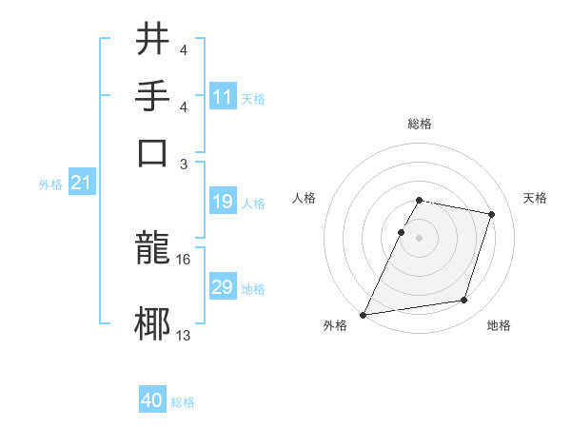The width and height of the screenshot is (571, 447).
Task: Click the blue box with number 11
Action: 223,97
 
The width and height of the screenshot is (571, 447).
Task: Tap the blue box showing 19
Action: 223,203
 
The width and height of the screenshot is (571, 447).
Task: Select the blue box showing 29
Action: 223,287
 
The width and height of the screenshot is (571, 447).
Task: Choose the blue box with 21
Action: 81,184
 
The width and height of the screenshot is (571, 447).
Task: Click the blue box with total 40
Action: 152,400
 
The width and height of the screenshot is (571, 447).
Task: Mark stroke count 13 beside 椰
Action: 184,335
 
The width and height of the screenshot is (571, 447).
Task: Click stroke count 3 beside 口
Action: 184,163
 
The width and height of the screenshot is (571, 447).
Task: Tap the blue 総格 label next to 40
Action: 183,402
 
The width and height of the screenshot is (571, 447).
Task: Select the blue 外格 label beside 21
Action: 50,185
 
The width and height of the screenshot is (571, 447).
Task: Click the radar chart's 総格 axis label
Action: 419,125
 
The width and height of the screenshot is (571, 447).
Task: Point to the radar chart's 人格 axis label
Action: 305,198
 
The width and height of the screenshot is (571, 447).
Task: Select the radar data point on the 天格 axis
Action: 492,214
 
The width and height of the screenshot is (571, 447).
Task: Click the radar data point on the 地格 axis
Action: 463,301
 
